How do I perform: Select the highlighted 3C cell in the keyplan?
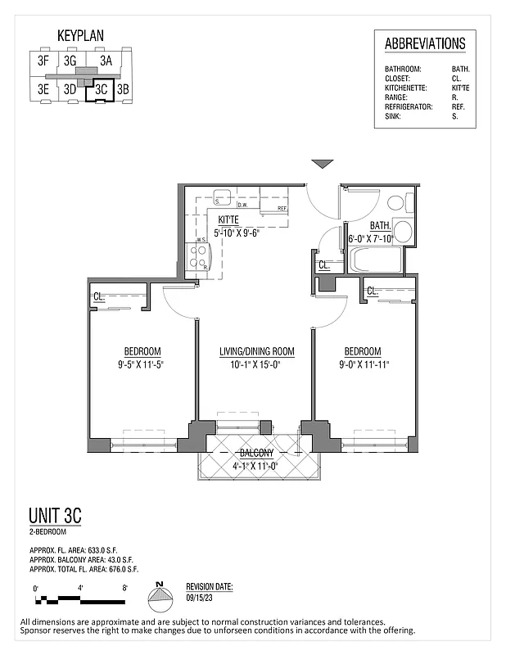click(x=102, y=89)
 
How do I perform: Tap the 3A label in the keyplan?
click(x=106, y=60)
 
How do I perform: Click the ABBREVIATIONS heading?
click(x=425, y=44)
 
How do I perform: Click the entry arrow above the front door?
click(x=323, y=165)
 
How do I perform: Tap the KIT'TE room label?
click(x=229, y=219)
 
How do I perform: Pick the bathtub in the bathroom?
click(x=375, y=260)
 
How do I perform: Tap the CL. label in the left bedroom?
click(x=100, y=296)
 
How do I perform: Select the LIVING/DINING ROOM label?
click(x=256, y=352)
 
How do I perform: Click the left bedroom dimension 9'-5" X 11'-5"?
click(x=142, y=365)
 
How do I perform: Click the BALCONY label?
click(x=256, y=453)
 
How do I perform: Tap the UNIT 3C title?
click(x=55, y=516)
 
